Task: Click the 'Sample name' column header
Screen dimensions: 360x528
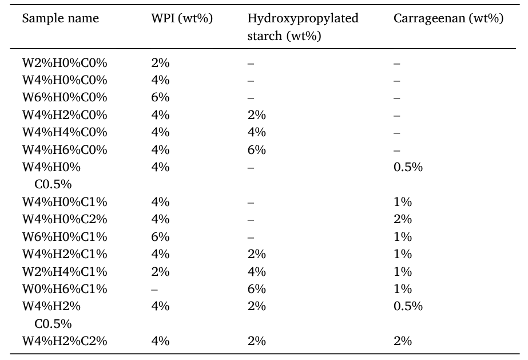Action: (60, 18)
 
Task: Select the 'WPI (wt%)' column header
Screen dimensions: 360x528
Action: (181, 18)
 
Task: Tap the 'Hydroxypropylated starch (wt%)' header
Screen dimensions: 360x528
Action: (303, 27)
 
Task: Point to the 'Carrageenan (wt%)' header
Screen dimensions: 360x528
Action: (448, 18)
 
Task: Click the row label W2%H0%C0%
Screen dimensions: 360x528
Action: (65, 63)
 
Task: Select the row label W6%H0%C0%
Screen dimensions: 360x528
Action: (65, 97)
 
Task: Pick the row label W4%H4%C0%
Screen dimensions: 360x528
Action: (65, 132)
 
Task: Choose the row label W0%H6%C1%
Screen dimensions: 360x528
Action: (65, 288)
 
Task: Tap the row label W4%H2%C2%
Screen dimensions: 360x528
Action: (65, 341)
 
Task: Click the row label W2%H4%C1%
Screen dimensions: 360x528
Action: (65, 271)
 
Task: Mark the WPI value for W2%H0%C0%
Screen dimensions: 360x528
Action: (160, 63)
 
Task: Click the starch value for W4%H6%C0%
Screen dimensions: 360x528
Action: (256, 150)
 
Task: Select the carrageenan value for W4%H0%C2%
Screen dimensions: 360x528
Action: (403, 219)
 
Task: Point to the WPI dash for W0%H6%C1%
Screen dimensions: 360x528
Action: (154, 289)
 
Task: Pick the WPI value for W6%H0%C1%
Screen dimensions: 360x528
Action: (160, 236)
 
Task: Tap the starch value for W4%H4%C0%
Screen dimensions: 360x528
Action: (256, 132)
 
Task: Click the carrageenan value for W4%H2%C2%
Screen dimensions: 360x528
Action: (403, 341)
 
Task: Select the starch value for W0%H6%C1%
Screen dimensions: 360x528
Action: (256, 288)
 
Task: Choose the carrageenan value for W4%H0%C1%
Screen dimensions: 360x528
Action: (403, 202)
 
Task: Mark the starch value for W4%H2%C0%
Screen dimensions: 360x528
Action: (256, 115)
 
